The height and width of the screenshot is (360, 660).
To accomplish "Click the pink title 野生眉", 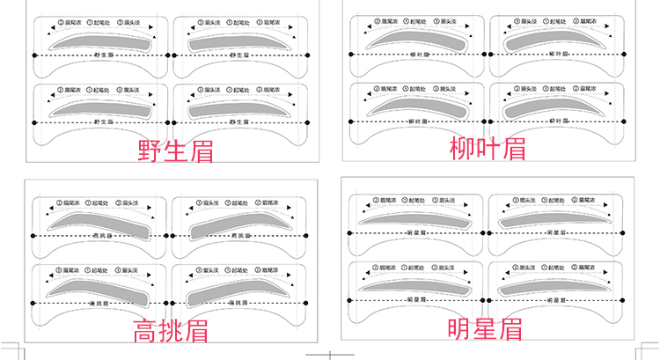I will [176, 150].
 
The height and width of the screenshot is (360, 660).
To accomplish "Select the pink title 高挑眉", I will [170, 332].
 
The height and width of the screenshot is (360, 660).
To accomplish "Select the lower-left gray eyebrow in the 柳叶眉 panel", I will [414, 106].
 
